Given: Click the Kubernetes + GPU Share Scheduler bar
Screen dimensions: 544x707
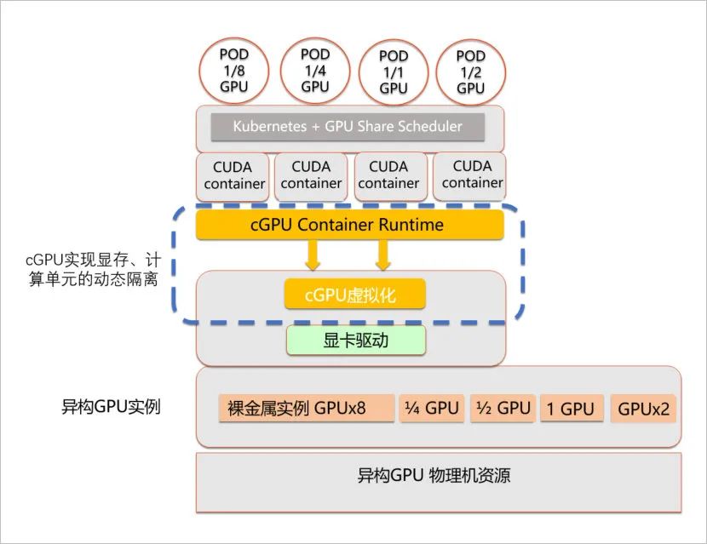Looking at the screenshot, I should click(x=348, y=127).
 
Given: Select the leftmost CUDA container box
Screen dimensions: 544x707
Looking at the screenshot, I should click(x=233, y=175).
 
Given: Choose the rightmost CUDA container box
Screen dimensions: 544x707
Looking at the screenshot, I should click(x=472, y=175).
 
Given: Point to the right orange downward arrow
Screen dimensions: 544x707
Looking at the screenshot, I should click(x=383, y=253).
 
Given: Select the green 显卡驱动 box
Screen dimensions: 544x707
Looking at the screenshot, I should click(x=354, y=341).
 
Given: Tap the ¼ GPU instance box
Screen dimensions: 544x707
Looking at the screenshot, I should click(x=432, y=408).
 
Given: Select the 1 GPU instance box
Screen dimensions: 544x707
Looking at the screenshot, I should click(x=571, y=409).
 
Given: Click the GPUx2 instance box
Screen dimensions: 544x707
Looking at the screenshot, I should click(x=643, y=409).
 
